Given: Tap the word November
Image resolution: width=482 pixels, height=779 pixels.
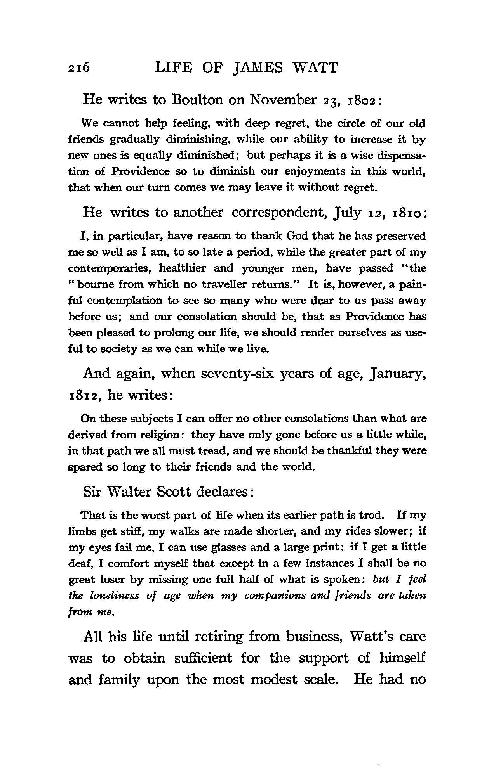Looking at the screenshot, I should (x=283, y=100).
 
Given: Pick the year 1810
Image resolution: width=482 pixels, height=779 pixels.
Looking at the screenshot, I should (x=406, y=213).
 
